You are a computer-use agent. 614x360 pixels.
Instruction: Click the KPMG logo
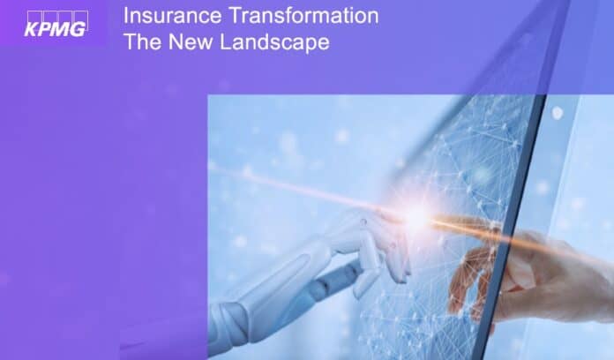[56, 24]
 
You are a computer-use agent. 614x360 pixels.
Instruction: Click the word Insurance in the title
[172, 16]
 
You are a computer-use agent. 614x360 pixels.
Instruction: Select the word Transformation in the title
[303, 16]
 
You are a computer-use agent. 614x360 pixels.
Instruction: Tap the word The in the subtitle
[142, 41]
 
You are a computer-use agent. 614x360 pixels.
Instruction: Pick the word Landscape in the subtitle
[274, 42]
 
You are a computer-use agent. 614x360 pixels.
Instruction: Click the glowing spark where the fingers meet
[417, 216]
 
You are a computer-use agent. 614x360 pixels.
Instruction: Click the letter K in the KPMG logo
[31, 29]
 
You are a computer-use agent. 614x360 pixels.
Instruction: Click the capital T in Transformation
[235, 16]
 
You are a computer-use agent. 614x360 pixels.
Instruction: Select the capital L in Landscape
[226, 41]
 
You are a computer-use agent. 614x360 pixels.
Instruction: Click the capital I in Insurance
[125, 16]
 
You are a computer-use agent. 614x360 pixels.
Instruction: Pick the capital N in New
[175, 41]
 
